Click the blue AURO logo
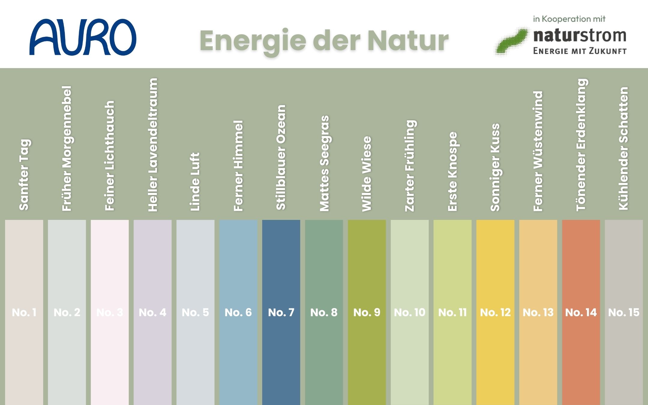click(x=83, y=37)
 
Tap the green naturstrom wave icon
click(x=511, y=41)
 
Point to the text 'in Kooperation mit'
click(x=569, y=19)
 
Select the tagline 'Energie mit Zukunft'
click(x=580, y=51)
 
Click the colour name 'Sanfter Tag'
click(x=24, y=175)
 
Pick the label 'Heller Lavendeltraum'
click(x=153, y=145)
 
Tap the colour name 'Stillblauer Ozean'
click(x=281, y=157)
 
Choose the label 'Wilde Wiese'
click(x=367, y=174)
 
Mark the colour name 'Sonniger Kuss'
click(x=495, y=167)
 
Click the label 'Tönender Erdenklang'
click(x=581, y=145)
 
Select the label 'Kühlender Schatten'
click(x=624, y=148)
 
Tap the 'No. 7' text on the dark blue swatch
click(x=281, y=313)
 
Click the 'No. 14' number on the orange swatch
click(x=581, y=313)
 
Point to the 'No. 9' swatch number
click(x=367, y=313)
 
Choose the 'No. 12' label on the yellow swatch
click(x=495, y=313)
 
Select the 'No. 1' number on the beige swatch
click(x=24, y=313)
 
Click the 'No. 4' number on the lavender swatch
click(x=153, y=313)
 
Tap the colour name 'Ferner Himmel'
click(x=238, y=166)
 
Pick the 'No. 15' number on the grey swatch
click(x=624, y=313)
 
